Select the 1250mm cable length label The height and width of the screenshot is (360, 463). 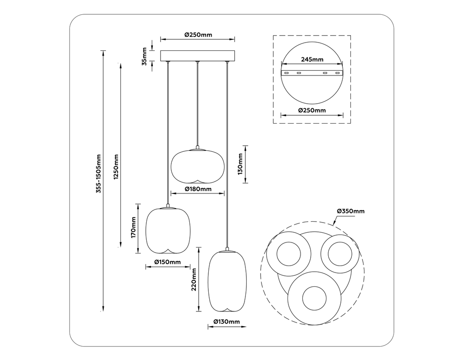tap(116, 168)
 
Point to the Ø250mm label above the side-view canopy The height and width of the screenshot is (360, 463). tap(198, 35)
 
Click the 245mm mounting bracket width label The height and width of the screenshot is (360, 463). tap(312, 59)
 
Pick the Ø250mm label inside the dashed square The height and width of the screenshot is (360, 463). tap(312, 111)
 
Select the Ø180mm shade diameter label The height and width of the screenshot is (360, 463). tap(198, 189)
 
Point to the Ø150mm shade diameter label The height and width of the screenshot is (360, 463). tap(167, 262)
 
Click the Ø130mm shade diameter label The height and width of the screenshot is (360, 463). tap(226, 322)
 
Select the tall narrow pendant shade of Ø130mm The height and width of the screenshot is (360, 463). tap(227, 281)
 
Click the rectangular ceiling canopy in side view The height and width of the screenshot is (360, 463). tap(198, 56)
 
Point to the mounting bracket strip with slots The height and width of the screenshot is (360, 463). tap(312, 73)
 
